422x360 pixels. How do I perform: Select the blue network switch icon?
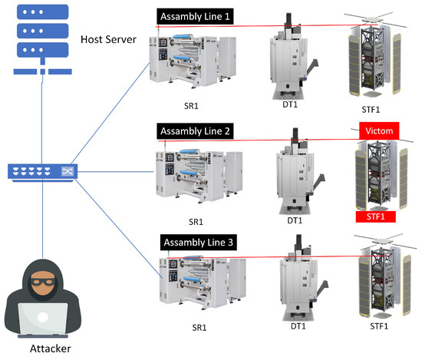click(38, 173)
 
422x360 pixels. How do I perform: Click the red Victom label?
click(380, 131)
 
